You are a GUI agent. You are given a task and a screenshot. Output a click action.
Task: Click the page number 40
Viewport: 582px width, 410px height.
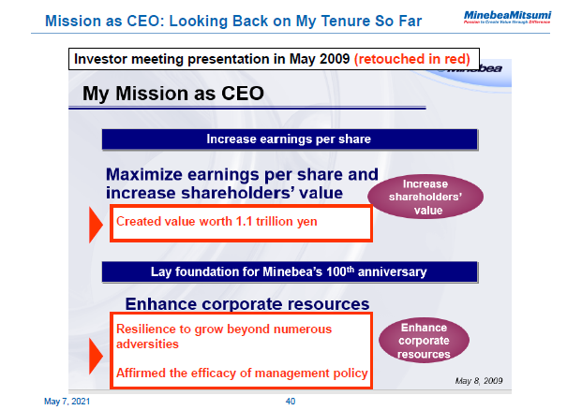[x=291, y=402]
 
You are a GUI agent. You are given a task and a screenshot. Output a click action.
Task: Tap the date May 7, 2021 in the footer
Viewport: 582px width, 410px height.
[x=68, y=402]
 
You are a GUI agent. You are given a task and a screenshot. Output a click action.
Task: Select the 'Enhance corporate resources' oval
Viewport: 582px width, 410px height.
[x=425, y=341]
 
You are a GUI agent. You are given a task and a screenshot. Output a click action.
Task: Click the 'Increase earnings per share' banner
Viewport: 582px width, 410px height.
[x=290, y=139]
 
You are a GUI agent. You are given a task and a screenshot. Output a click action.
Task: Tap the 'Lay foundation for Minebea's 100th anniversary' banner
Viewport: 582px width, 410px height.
[x=290, y=272]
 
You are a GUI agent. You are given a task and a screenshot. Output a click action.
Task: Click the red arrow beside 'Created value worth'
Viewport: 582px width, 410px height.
[x=97, y=225]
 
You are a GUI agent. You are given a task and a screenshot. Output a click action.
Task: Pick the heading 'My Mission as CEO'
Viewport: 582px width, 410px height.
[x=172, y=94]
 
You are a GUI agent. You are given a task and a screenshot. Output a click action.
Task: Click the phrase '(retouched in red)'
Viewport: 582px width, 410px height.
[x=411, y=59]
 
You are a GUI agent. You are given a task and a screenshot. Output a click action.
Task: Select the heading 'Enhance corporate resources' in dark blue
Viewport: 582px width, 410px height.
[x=246, y=303]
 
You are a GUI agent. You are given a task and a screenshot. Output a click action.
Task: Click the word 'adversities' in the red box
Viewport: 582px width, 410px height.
[x=146, y=344]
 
